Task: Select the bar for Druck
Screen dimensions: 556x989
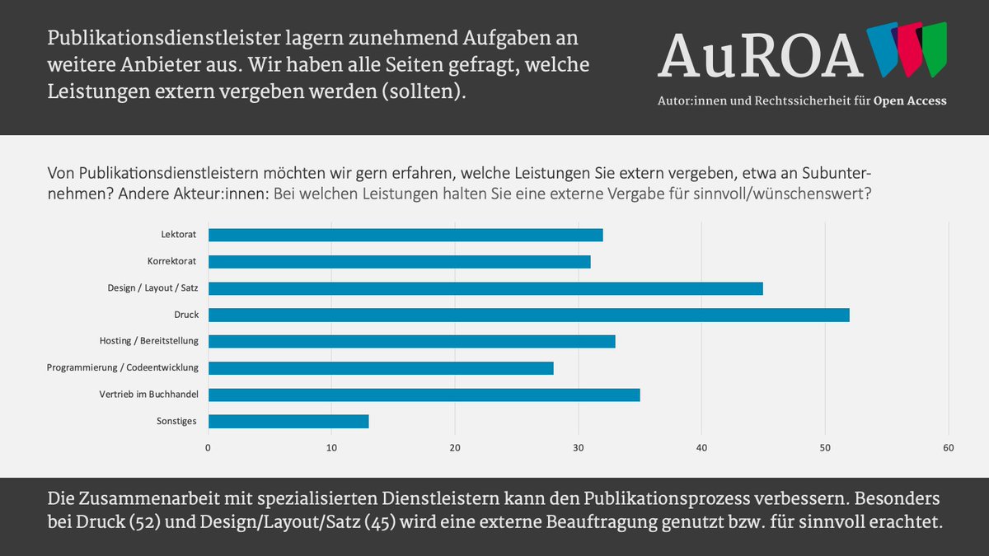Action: tap(528, 315)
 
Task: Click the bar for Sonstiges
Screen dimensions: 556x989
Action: tap(288, 421)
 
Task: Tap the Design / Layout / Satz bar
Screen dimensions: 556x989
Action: tap(485, 288)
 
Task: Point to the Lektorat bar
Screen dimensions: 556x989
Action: tap(405, 235)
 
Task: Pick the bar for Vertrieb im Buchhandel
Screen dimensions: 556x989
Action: tap(424, 395)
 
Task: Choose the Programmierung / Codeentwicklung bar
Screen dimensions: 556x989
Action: tap(380, 367)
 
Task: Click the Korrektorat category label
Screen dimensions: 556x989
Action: tap(173, 262)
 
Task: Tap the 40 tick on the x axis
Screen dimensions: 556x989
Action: tap(701, 448)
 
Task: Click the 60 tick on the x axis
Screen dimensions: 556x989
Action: tap(949, 448)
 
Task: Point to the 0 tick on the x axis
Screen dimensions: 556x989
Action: tap(208, 448)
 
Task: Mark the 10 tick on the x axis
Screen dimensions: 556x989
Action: tap(331, 448)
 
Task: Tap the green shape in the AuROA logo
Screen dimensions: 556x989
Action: tap(935, 49)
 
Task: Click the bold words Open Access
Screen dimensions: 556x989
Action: tap(910, 100)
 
